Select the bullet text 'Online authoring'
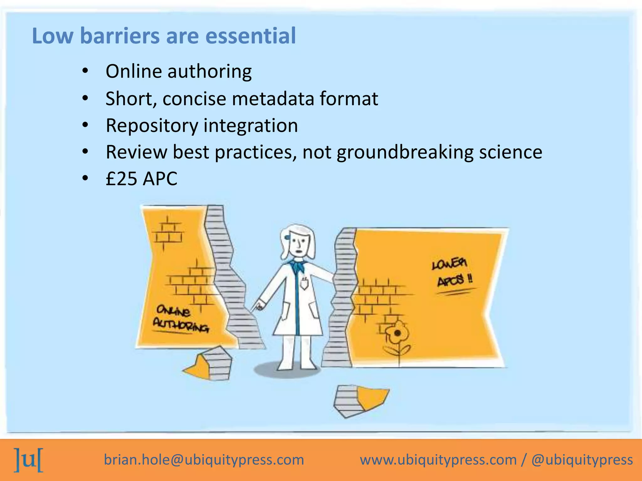click(178, 71)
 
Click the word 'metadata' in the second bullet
click(273, 99)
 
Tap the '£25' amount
click(122, 179)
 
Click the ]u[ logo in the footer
click(29, 460)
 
